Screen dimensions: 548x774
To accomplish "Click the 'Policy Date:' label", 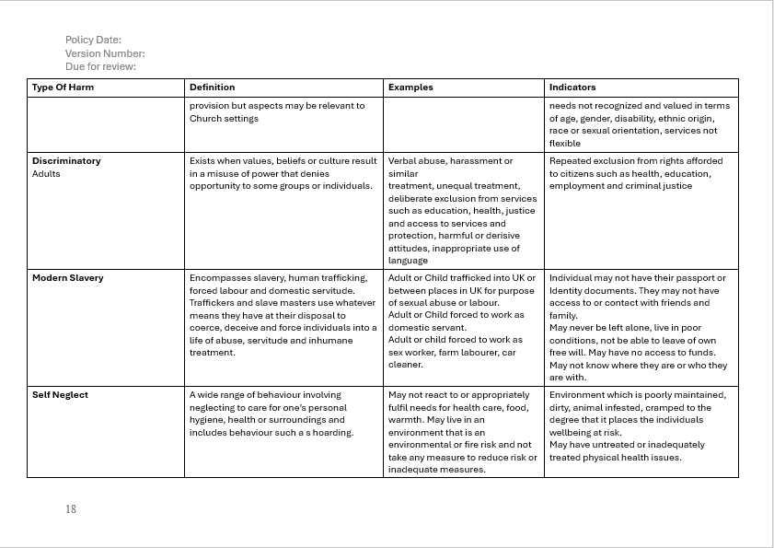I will [x=93, y=40].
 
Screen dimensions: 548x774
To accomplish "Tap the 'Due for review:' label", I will [x=100, y=66].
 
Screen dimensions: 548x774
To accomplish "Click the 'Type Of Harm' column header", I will [x=63, y=87].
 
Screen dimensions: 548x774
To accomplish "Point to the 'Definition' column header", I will [x=212, y=87].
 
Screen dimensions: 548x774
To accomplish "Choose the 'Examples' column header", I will [x=410, y=87].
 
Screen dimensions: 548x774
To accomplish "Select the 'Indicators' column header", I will [x=572, y=87].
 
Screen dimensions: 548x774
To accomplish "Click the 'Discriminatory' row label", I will [x=66, y=161].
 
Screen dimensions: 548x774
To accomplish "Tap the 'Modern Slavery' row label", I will [x=67, y=278].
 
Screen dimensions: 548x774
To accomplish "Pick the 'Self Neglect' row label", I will [x=60, y=395].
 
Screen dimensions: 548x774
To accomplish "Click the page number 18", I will [x=71, y=508].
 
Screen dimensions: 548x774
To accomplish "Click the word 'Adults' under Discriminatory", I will [x=46, y=173].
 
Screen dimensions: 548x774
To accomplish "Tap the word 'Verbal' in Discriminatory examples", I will [x=403, y=161].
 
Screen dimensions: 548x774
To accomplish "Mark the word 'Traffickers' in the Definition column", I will [x=214, y=303].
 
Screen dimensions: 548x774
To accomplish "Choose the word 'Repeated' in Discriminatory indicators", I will [x=571, y=161].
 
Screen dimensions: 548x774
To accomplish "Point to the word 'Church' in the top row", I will [x=205, y=118].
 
